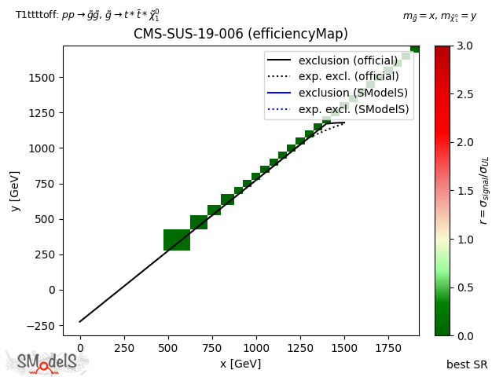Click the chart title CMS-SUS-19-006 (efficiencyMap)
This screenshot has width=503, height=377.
click(x=240, y=34)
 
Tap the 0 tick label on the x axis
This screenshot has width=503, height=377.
click(x=79, y=348)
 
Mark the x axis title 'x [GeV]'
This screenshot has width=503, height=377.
click(x=240, y=364)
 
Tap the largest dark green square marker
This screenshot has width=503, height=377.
click(x=177, y=240)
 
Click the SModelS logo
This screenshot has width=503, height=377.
click(x=47, y=362)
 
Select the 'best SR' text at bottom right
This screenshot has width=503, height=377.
click(x=467, y=364)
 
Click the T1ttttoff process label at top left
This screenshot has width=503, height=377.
click(x=87, y=14)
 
